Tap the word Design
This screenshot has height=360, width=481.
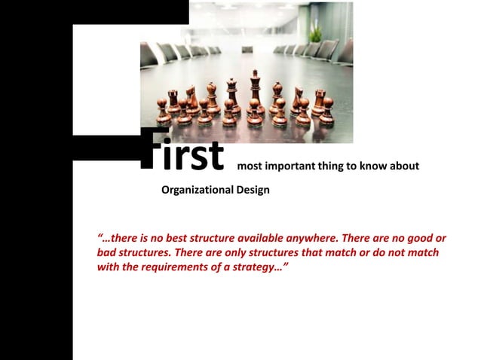[252, 190]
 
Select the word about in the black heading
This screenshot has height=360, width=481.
[403, 166]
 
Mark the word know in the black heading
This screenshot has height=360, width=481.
[370, 166]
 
